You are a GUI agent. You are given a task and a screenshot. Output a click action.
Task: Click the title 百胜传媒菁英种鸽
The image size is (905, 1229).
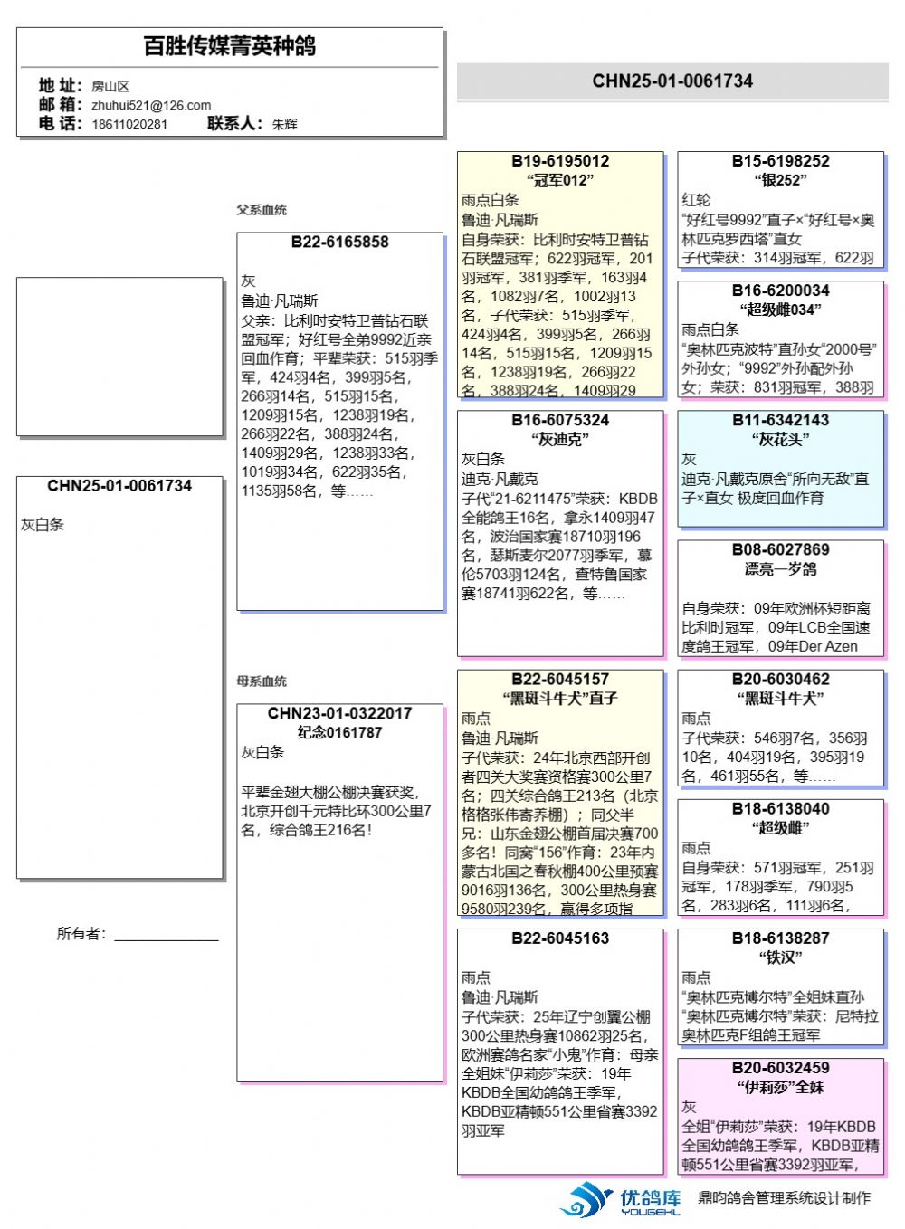pyautogui.click(x=230, y=46)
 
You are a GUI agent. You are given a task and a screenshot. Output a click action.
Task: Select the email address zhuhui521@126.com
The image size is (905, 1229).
pyautogui.click(x=151, y=105)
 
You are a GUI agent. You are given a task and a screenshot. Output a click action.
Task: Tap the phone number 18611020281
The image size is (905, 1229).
pyautogui.click(x=129, y=124)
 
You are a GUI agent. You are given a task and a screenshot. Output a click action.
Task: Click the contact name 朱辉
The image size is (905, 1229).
pyautogui.click(x=284, y=124)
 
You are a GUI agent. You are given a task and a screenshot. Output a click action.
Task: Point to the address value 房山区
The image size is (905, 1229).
pyautogui.click(x=110, y=86)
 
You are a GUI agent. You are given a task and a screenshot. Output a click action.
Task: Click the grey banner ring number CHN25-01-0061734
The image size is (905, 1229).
pyautogui.click(x=672, y=81)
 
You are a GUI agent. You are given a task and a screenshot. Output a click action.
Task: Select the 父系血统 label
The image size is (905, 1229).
pyautogui.click(x=262, y=210)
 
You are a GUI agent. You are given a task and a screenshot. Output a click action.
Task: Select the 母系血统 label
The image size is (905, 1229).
pyautogui.click(x=262, y=681)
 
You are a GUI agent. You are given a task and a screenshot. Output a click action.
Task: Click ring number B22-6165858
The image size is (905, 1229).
pyautogui.click(x=339, y=243)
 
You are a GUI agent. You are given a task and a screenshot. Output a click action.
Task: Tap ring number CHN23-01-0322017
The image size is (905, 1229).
pyautogui.click(x=339, y=713)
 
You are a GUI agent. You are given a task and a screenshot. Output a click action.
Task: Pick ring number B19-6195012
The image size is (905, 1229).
pyautogui.click(x=560, y=161)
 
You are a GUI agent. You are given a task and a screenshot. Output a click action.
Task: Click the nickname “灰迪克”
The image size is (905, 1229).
pyautogui.click(x=560, y=440)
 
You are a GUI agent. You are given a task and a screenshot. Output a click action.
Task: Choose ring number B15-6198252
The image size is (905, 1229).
pyautogui.click(x=780, y=161)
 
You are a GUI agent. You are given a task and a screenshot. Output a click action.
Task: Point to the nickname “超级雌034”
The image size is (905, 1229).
pyautogui.click(x=780, y=310)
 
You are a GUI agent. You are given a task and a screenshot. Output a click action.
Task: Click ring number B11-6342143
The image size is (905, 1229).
pyautogui.click(x=780, y=420)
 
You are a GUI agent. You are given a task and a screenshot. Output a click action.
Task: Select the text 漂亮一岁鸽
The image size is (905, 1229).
pyautogui.click(x=780, y=569)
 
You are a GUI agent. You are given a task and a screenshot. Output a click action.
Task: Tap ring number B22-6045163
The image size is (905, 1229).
pyautogui.click(x=560, y=938)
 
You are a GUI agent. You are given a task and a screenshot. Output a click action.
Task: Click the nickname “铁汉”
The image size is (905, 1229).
pyautogui.click(x=780, y=957)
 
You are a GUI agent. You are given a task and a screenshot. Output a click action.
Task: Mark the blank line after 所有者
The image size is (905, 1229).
pyautogui.click(x=167, y=936)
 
